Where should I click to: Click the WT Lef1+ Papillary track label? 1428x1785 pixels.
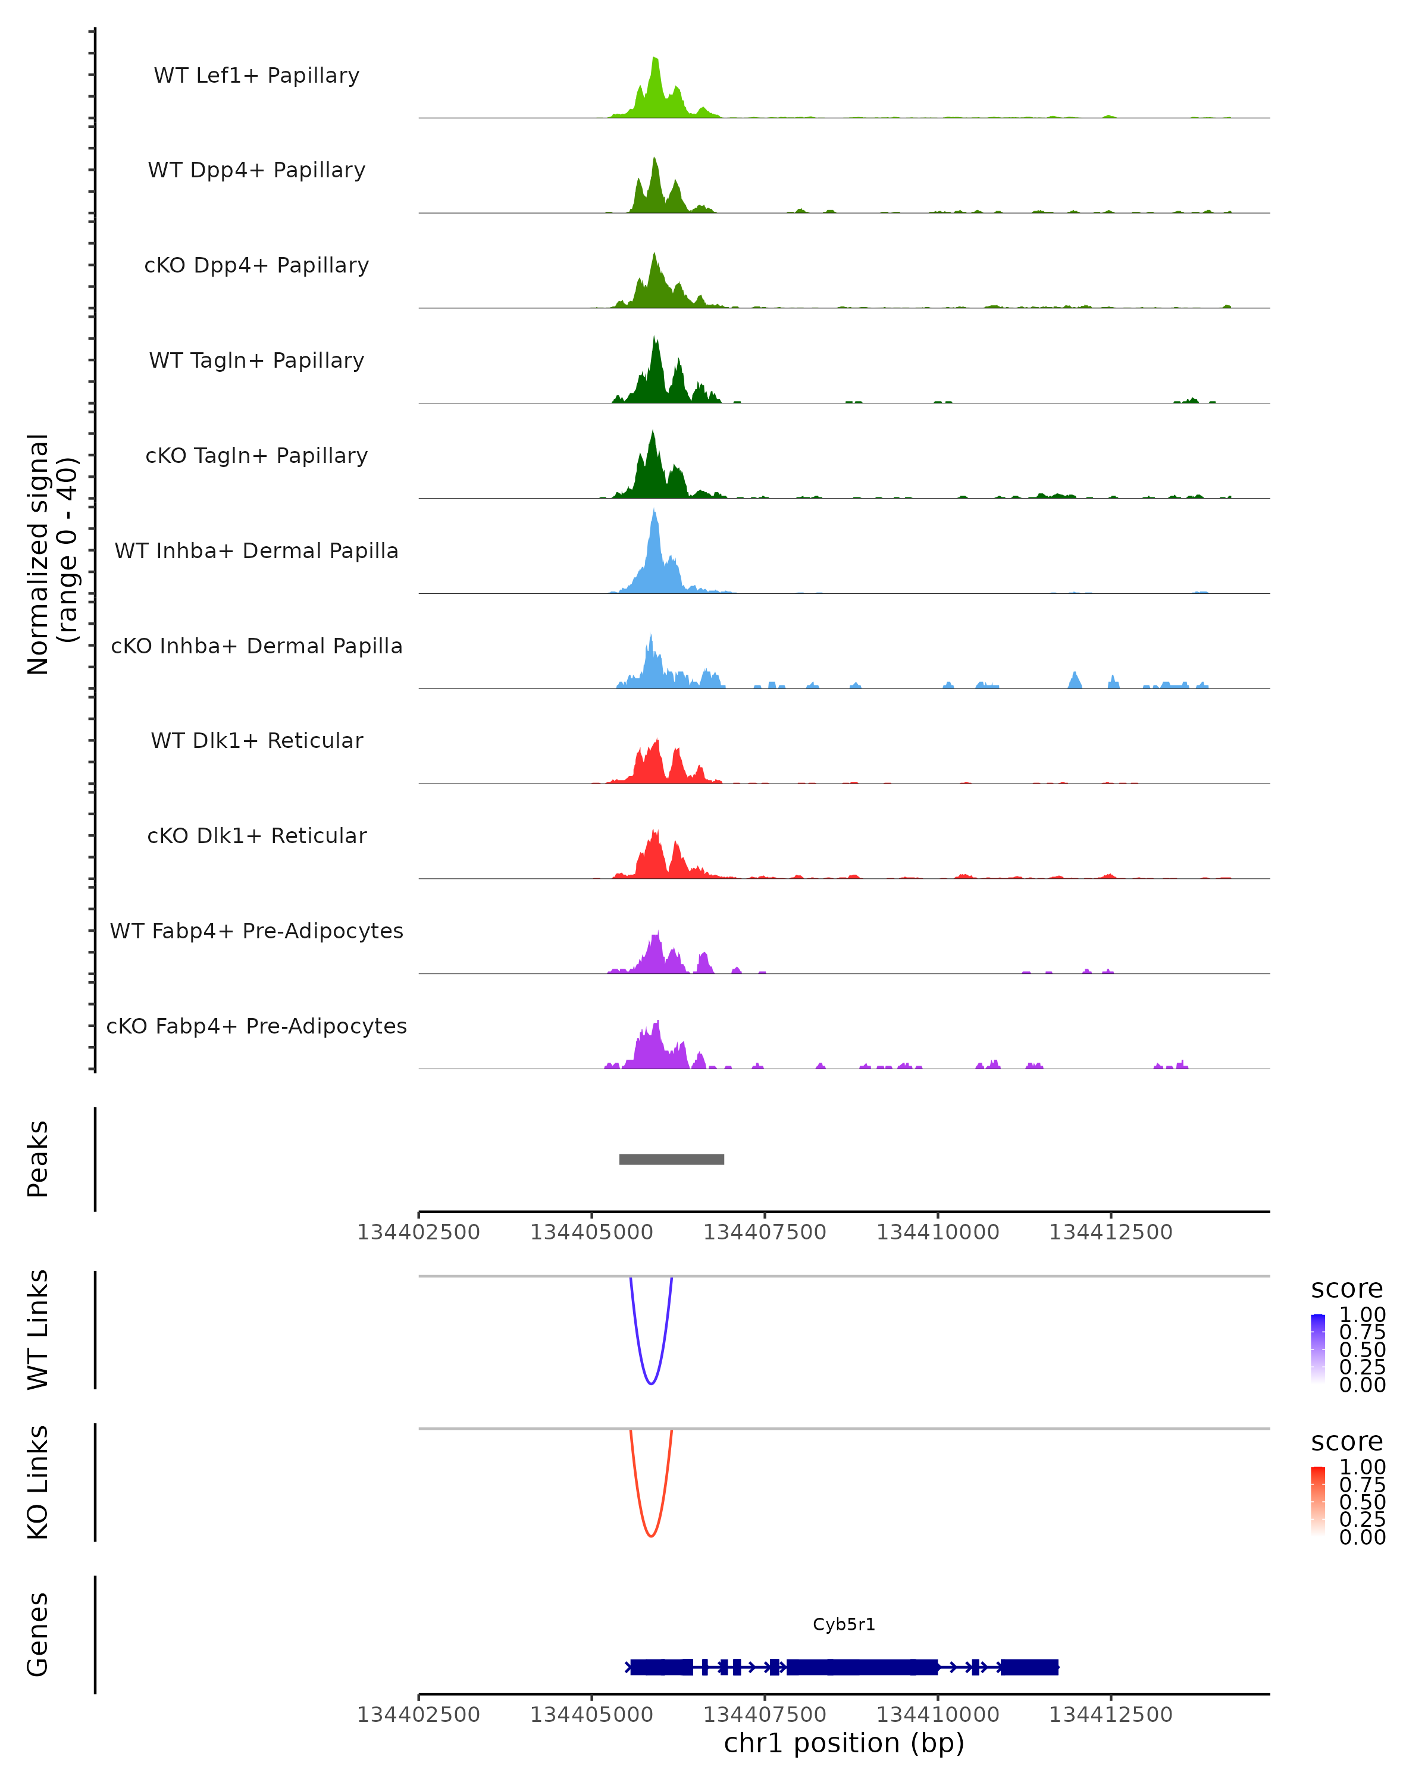click(x=256, y=76)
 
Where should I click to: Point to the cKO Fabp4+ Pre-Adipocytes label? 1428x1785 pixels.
click(x=256, y=1026)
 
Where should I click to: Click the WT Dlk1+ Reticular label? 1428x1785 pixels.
click(x=256, y=740)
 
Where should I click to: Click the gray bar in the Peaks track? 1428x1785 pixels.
click(x=671, y=1159)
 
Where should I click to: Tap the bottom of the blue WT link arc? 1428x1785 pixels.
click(x=652, y=1383)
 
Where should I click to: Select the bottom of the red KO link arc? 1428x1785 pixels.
click(x=652, y=1536)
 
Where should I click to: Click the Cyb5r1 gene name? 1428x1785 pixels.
click(x=844, y=1624)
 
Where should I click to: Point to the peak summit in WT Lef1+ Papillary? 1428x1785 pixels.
click(x=655, y=59)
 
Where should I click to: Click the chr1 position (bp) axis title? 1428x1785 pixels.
click(x=844, y=1743)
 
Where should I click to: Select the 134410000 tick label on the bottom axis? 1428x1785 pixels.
click(x=938, y=1715)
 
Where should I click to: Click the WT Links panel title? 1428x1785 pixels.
click(x=38, y=1330)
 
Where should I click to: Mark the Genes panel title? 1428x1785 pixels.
click(x=38, y=1634)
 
